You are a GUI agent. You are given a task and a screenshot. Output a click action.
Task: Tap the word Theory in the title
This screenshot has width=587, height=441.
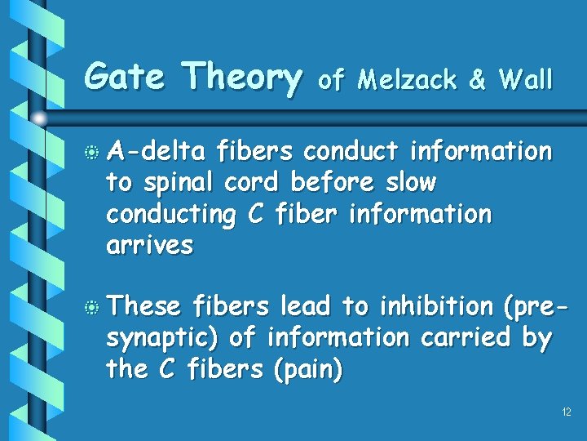pos(242,78)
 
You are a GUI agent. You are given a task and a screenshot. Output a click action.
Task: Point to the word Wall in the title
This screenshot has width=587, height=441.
pos(526,79)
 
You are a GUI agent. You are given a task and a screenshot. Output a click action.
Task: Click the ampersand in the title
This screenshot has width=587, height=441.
pos(479,80)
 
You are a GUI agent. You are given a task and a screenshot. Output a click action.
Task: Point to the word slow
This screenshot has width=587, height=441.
pos(407,183)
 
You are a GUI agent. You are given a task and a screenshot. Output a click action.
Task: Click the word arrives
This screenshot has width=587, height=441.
pos(149,246)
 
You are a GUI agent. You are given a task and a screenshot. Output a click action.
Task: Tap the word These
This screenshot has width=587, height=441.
pos(143,306)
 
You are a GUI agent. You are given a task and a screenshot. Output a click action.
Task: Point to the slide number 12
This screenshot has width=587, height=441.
pos(566,412)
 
